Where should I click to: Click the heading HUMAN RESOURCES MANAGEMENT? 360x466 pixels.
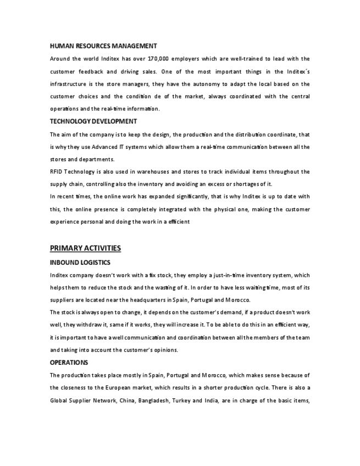pos(103,46)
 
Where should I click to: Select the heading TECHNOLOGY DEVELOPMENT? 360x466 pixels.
pos(93,121)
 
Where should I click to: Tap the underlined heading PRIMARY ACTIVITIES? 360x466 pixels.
pos(85,248)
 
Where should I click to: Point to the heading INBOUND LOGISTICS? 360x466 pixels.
pos(80,263)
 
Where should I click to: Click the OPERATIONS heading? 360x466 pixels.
pos(69,363)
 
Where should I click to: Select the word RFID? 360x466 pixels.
pos(57,172)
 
